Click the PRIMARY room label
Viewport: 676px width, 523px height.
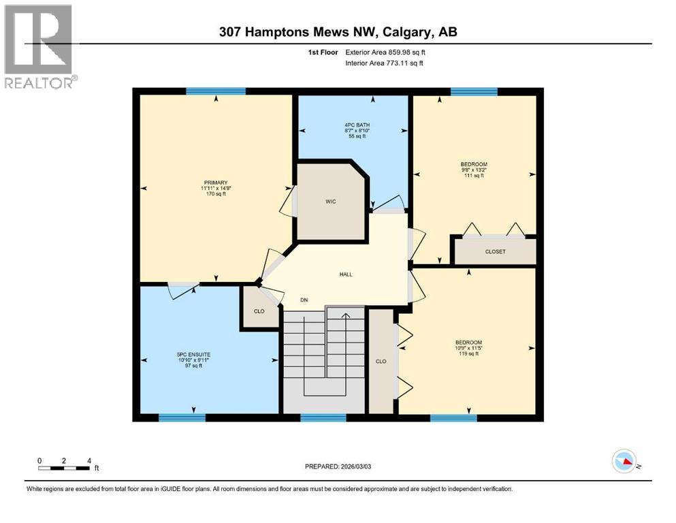pyautogui.click(x=215, y=183)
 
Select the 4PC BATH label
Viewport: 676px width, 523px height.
pyautogui.click(x=353, y=124)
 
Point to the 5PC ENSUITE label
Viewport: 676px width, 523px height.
pyautogui.click(x=193, y=355)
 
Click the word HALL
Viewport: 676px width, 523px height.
pyautogui.click(x=346, y=274)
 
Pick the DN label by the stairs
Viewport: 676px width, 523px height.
pyautogui.click(x=305, y=300)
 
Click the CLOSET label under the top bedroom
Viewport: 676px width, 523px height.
pyautogui.click(x=495, y=252)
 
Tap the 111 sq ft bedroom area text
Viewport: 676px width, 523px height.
pyautogui.click(x=473, y=176)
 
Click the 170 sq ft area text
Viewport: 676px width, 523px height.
pyautogui.click(x=215, y=194)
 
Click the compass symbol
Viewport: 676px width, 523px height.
pyautogui.click(x=624, y=462)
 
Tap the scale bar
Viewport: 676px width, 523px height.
pyautogui.click(x=64, y=468)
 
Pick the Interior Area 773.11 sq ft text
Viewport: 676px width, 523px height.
pyautogui.click(x=387, y=63)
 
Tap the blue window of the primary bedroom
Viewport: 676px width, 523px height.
pyautogui.click(x=216, y=91)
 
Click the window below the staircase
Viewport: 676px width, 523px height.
pyautogui.click(x=323, y=417)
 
